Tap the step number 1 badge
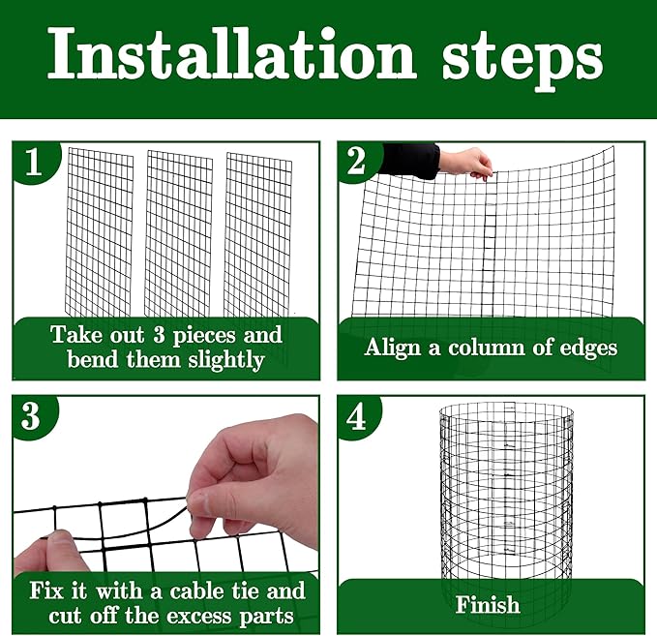pos(35,162)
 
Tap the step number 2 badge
pos(356,162)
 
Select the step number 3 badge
pos(32,417)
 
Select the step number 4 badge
pos(356,417)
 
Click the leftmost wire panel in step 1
pos(100,232)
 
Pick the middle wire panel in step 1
pos(178,232)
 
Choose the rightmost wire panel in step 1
pos(258,232)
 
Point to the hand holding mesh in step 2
pos(467,162)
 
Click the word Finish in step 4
pos(488,606)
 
